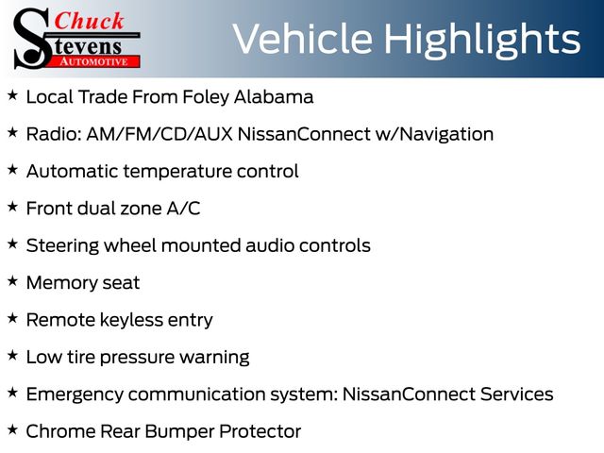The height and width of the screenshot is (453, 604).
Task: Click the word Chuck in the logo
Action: [x=89, y=21]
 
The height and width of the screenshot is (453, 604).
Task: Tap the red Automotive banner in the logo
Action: [x=94, y=61]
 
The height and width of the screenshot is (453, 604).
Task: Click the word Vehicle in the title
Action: [x=303, y=39]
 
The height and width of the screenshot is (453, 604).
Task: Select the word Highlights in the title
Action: [x=482, y=41]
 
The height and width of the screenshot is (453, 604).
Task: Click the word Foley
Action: [x=206, y=97]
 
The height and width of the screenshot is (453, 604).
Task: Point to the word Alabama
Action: [x=274, y=96]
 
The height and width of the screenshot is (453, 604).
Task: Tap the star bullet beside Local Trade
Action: [x=12, y=95]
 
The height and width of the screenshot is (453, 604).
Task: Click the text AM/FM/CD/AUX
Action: [x=159, y=134]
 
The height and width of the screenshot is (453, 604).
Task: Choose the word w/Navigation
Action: [x=434, y=134]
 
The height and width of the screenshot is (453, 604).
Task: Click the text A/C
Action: [x=183, y=209]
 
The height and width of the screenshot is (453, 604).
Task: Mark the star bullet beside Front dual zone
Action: [x=12, y=207]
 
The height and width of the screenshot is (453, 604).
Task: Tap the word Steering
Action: [x=62, y=246]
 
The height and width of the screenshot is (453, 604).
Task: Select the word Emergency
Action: [x=75, y=394]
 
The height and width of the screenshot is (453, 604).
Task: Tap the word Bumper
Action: [x=179, y=432]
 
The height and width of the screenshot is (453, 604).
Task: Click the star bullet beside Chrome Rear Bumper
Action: [x=12, y=430]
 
